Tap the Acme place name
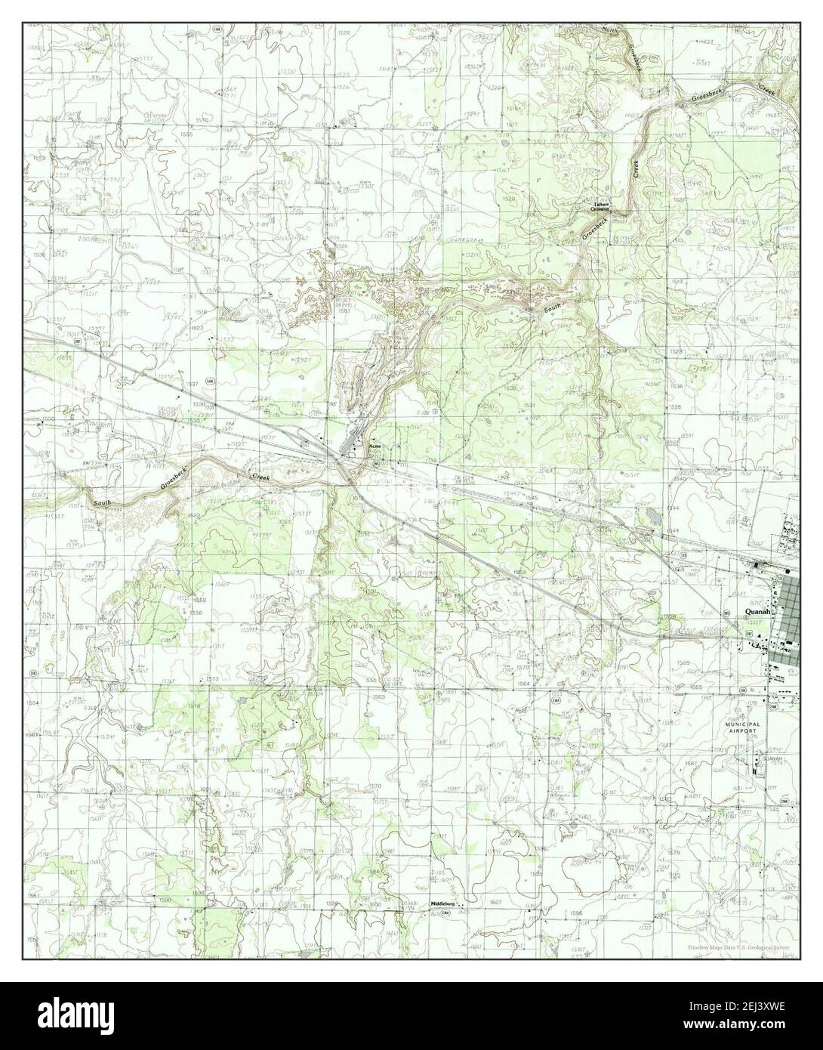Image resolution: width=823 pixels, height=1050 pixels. coord(375,447)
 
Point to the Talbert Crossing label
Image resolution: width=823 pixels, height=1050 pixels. coord(601,206)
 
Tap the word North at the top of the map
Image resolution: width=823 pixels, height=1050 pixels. coord(609,30)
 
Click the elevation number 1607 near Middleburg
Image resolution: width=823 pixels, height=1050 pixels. coord(496,903)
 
